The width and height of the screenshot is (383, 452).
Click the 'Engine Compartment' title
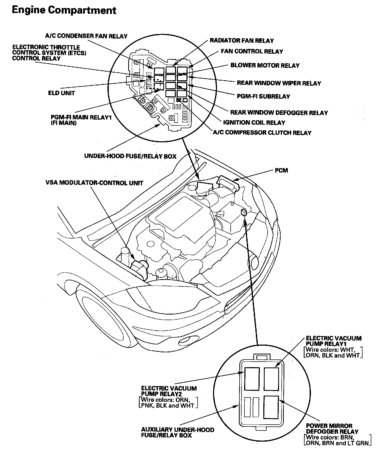pos(64,10)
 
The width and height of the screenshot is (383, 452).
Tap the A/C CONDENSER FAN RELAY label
pos(86,36)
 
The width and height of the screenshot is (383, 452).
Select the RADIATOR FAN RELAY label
pos(242,41)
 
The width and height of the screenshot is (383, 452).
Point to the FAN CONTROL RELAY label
pos(252,51)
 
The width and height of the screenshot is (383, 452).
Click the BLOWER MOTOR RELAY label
pos(265,65)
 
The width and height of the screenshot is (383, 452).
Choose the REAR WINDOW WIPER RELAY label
pos(279,83)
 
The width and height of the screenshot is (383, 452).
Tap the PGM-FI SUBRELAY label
pos(263,96)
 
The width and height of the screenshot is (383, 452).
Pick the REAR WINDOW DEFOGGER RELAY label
pos(279,113)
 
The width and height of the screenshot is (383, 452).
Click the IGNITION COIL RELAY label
pos(254,123)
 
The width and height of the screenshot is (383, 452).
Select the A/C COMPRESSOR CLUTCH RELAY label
pos(262,133)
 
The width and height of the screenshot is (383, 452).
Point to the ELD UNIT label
pos(61,93)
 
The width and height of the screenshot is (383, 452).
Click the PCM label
pos(281,170)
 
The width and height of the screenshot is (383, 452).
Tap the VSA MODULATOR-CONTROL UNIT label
pos(94,183)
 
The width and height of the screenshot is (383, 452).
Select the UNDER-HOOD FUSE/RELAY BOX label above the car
pos(130,156)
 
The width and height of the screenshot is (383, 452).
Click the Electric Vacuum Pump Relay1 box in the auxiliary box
pos(271,379)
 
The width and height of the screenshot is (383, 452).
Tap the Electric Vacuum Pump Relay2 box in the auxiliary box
pos(252,379)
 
